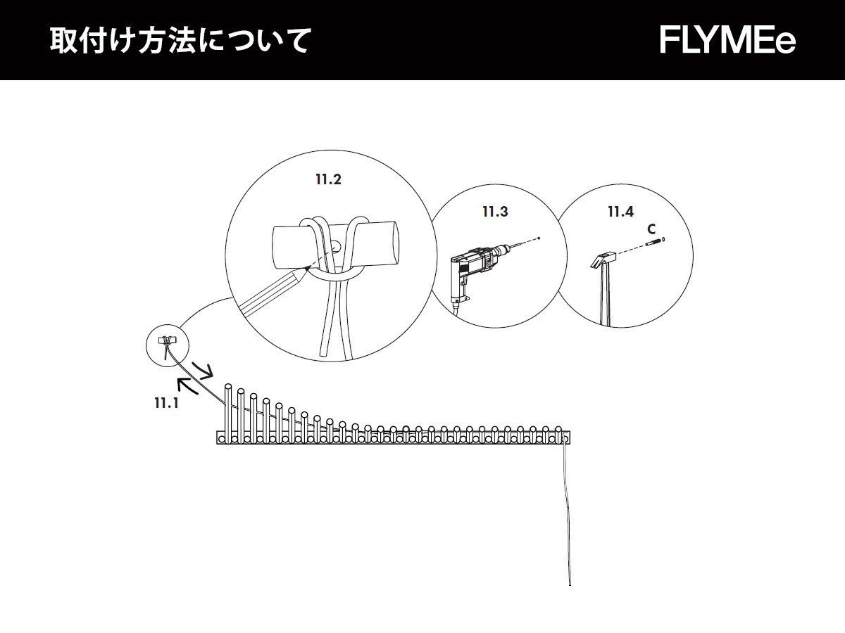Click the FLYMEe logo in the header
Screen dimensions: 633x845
pyautogui.click(x=727, y=41)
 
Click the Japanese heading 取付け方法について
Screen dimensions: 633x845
pyautogui.click(x=180, y=41)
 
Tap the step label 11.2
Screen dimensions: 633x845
pyautogui.click(x=328, y=179)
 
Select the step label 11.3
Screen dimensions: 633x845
pyautogui.click(x=494, y=211)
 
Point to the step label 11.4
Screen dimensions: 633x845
pyautogui.click(x=620, y=211)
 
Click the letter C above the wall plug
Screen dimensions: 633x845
pyautogui.click(x=651, y=229)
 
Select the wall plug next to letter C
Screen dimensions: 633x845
pyautogui.click(x=654, y=243)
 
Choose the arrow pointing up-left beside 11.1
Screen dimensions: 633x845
pyautogui.click(x=186, y=385)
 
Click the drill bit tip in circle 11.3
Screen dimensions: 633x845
pyautogui.click(x=538, y=239)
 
